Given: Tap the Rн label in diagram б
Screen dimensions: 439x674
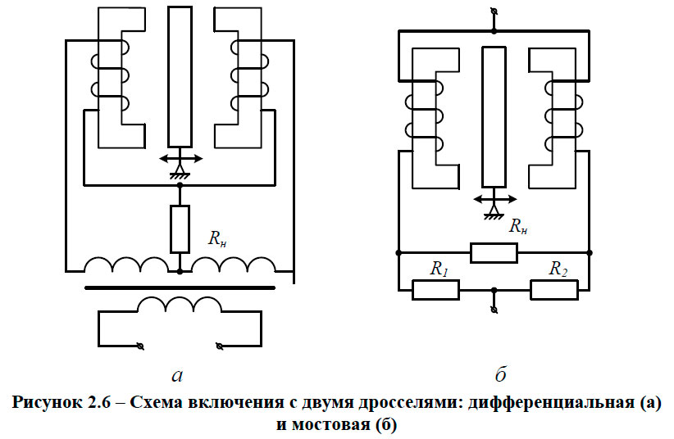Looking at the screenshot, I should pyautogui.click(x=517, y=227).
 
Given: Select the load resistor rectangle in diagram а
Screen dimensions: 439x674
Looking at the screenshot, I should pyautogui.click(x=180, y=229).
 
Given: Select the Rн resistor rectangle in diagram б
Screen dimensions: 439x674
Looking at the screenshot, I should pyautogui.click(x=494, y=252).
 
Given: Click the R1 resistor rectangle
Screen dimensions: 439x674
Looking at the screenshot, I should pyautogui.click(x=435, y=289).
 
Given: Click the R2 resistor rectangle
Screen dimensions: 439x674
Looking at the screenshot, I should pyautogui.click(x=553, y=289).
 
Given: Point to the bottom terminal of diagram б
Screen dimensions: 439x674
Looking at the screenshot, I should pyautogui.click(x=494, y=309).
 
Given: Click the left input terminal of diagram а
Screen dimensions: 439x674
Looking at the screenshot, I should pyautogui.click(x=141, y=346).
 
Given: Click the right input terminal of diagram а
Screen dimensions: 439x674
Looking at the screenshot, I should pyautogui.click(x=219, y=346).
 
